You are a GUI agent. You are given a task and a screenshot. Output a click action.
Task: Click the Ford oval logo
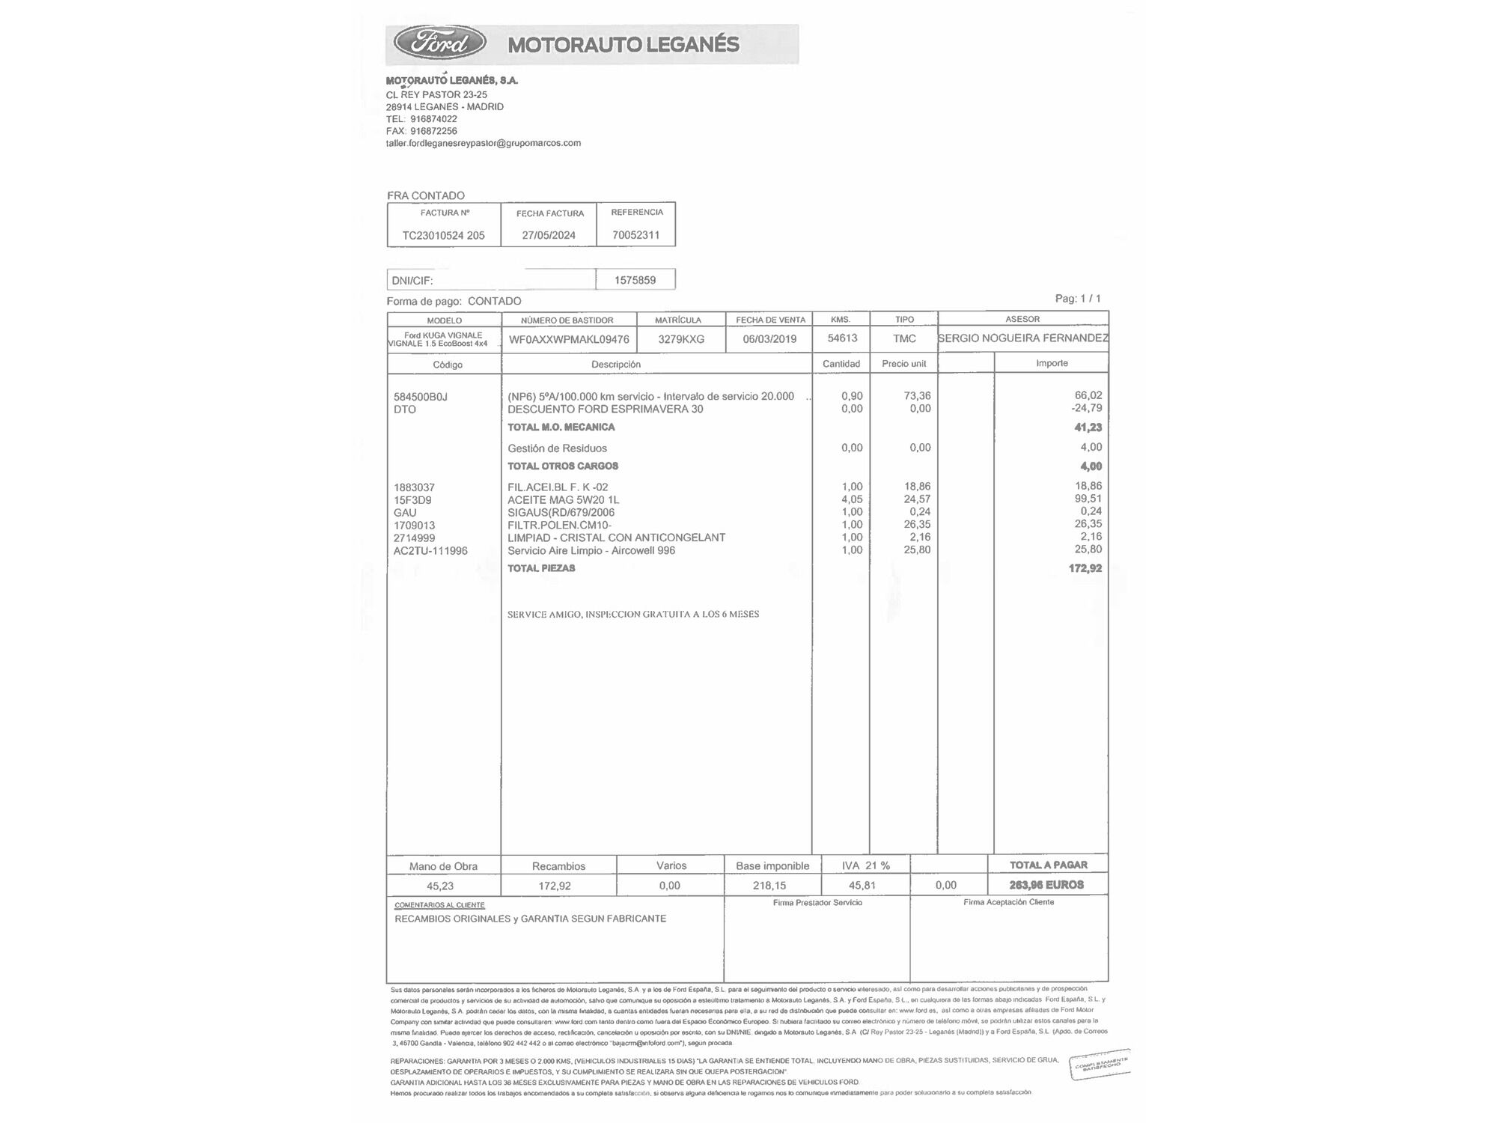click(x=440, y=43)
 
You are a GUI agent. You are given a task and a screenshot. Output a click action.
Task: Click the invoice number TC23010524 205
click(x=443, y=235)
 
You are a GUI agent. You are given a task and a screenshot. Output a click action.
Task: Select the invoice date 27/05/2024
click(x=549, y=235)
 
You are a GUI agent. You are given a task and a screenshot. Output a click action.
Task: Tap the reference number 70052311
click(x=635, y=234)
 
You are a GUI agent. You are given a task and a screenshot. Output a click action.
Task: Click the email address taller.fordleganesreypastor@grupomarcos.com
click(x=483, y=143)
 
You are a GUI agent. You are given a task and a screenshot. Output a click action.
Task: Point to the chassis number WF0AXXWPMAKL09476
click(x=569, y=339)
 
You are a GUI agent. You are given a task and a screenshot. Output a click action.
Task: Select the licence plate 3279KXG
click(x=681, y=339)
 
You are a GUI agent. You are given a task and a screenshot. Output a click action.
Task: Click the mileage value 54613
click(x=842, y=338)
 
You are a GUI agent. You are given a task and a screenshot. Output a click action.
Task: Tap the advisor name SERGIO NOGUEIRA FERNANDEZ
click(x=1022, y=338)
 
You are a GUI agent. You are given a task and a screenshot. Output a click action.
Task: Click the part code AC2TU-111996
click(x=430, y=551)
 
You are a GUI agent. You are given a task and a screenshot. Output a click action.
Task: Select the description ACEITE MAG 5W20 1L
click(x=563, y=500)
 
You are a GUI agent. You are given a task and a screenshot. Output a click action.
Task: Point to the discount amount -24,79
click(x=1086, y=409)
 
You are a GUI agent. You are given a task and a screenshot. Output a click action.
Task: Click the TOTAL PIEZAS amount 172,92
click(x=1085, y=568)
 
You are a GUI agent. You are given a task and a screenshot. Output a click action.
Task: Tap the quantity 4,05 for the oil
click(x=852, y=499)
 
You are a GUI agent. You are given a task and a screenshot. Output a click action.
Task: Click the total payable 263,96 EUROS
click(x=1046, y=885)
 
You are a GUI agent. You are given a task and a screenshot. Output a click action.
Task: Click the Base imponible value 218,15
click(x=769, y=886)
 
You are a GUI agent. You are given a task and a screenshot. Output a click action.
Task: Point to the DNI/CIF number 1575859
click(x=635, y=280)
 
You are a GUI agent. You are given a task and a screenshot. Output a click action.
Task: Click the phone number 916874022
click(x=433, y=119)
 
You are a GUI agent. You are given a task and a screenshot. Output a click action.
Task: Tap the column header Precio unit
click(x=903, y=364)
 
